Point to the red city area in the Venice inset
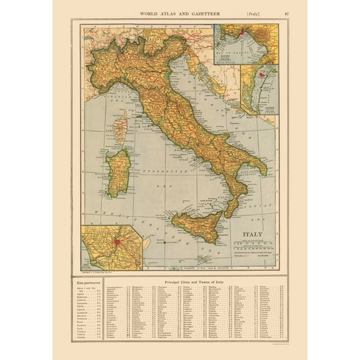(262, 79)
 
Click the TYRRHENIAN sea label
(164, 171)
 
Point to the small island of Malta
(203, 258)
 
